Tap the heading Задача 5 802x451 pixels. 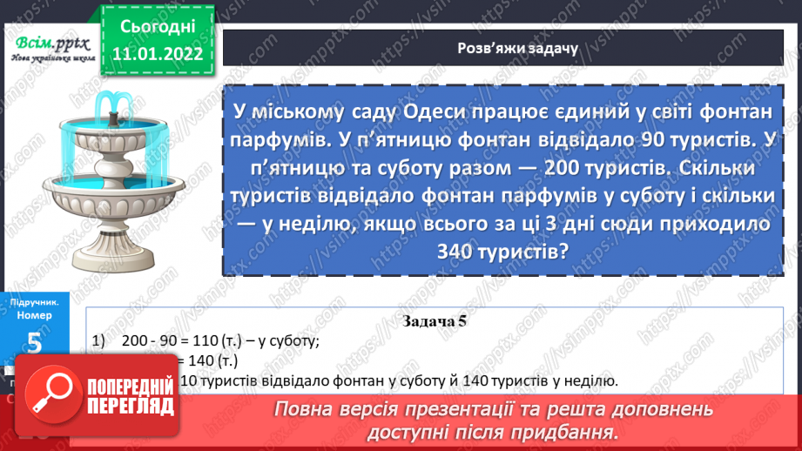pyautogui.click(x=435, y=321)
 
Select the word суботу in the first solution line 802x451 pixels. pyautogui.click(x=293, y=341)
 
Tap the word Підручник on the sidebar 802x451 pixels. pyautogui.click(x=34, y=302)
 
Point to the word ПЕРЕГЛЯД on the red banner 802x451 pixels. pyautogui.click(x=130, y=406)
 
